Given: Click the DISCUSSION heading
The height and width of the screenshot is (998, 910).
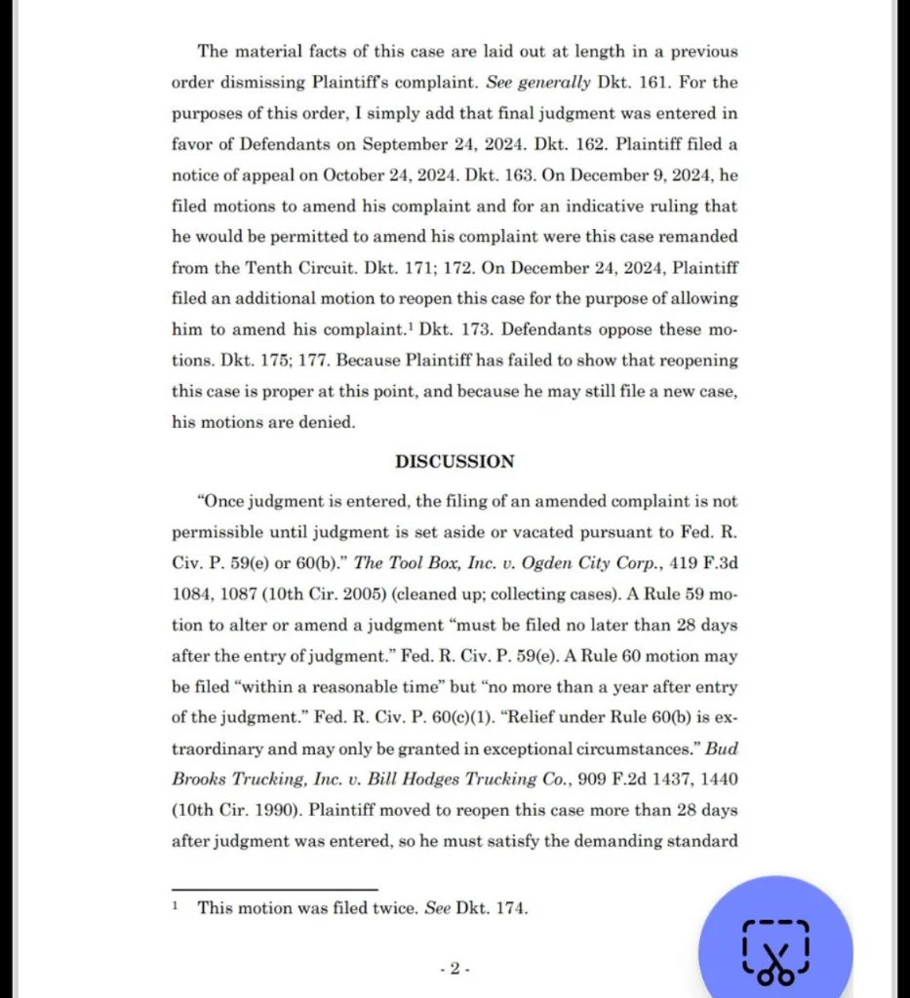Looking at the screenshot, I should click(x=455, y=461).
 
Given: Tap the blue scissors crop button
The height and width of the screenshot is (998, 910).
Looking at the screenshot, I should click(x=775, y=948).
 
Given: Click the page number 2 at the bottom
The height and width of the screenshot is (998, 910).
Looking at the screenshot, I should click(x=455, y=969).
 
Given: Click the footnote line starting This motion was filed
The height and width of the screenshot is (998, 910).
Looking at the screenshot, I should click(x=362, y=907).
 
